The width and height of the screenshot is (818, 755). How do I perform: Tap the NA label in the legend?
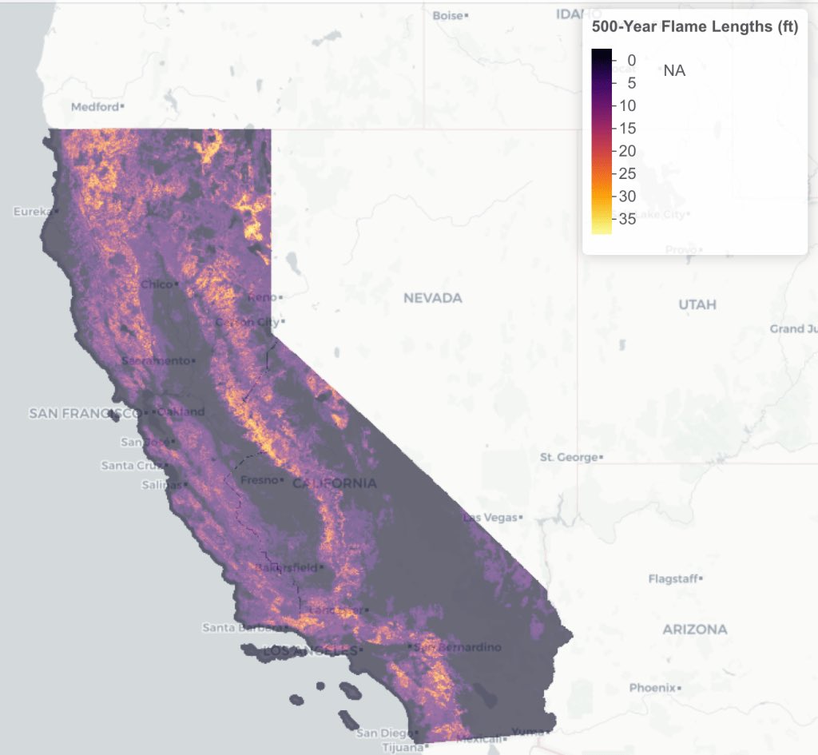[x=674, y=71]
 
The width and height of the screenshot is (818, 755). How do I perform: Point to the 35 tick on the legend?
[x=627, y=219]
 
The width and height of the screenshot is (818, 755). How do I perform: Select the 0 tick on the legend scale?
[x=631, y=60]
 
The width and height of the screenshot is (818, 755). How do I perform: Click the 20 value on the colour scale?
[x=627, y=151]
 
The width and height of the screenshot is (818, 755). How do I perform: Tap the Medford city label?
[x=95, y=106]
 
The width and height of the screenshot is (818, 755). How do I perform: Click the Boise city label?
[x=448, y=15]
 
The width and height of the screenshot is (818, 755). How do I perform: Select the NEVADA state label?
[x=432, y=298]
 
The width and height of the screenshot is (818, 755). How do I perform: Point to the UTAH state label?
[x=697, y=304]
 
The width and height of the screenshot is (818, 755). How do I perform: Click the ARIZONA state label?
[x=694, y=630]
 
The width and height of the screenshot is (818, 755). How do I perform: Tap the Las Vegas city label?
[x=490, y=518]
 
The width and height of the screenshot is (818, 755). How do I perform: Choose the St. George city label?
[x=569, y=457]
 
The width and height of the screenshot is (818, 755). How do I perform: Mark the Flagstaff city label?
[x=673, y=578]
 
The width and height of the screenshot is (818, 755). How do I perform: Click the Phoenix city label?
[x=652, y=687]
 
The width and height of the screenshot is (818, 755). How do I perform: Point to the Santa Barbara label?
[x=231, y=627]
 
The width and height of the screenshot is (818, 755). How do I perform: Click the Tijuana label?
[x=398, y=746]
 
